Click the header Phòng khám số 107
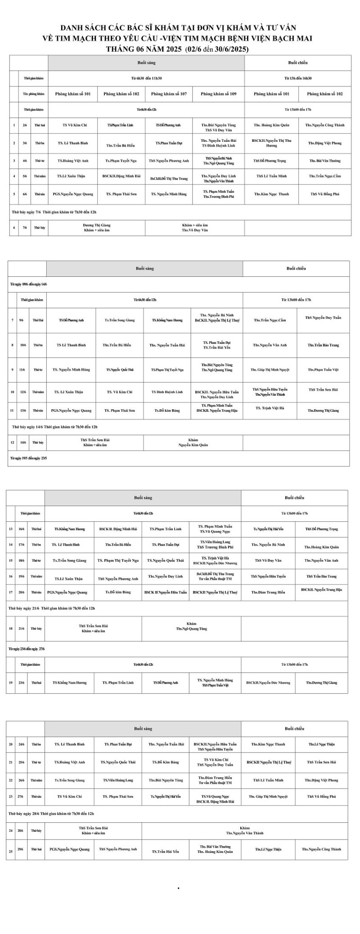pyautogui.click(x=169, y=94)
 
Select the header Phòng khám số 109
pyautogui.click(x=219, y=94)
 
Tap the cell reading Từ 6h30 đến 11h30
pyautogui.click(x=146, y=78)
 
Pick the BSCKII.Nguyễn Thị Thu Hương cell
pyautogui.click(x=271, y=143)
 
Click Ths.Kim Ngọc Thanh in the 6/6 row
pyautogui.click(x=271, y=194)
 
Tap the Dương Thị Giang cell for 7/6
pyautogui.click(x=97, y=228)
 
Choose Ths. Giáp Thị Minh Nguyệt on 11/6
pyautogui.click(x=270, y=370)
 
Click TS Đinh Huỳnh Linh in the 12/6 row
pyautogui.click(x=167, y=392)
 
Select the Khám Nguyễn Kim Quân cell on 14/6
pyautogui.click(x=193, y=442)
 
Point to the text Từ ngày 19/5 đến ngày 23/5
pyautogui.click(x=29, y=458)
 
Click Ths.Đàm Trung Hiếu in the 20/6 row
pyautogui.click(x=268, y=592)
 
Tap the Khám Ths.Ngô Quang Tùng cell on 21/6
pyautogui.click(x=191, y=627)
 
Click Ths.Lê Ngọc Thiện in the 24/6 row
pyautogui.click(x=322, y=744)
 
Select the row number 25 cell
pyautogui.click(x=10, y=850)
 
